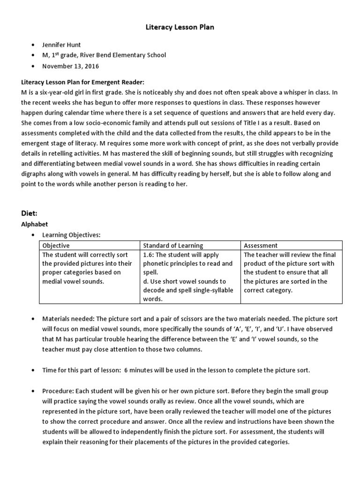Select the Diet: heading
30,213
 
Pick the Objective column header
56,245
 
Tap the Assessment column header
261,245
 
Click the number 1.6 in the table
148,255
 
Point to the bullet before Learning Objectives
32,235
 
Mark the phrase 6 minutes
139,370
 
